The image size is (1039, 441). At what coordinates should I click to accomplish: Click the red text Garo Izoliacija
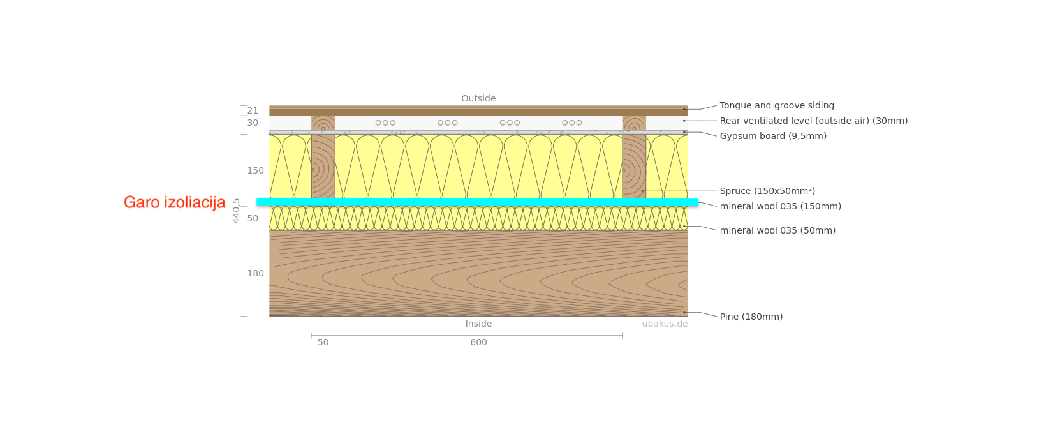pyautogui.click(x=174, y=203)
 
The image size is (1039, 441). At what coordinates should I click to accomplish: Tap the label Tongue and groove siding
pyautogui.click(x=776, y=105)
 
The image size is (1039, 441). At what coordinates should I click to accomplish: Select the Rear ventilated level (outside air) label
pyautogui.click(x=813, y=121)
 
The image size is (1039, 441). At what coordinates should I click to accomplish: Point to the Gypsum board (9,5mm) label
pyautogui.click(x=773, y=136)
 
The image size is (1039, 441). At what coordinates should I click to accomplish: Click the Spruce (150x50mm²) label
pyautogui.click(x=767, y=191)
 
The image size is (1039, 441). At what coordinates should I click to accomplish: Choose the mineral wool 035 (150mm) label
pyautogui.click(x=780, y=206)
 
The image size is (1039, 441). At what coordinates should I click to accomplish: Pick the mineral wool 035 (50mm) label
pyautogui.click(x=777, y=230)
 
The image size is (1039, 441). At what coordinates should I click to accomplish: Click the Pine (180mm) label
pyautogui.click(x=751, y=317)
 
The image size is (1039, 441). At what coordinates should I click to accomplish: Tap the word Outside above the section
pyautogui.click(x=478, y=98)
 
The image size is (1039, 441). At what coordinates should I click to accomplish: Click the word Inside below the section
pyautogui.click(x=478, y=324)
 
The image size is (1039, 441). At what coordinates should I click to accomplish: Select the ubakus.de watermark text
pyautogui.click(x=665, y=324)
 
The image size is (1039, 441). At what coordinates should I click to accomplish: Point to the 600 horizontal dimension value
pyautogui.click(x=478, y=342)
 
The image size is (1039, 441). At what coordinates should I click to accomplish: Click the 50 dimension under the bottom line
pyautogui.click(x=323, y=342)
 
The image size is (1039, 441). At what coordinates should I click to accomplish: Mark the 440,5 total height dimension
pyautogui.click(x=236, y=211)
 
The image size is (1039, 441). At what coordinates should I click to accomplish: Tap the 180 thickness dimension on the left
pyautogui.click(x=255, y=273)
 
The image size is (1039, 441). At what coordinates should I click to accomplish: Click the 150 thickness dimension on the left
pyautogui.click(x=255, y=170)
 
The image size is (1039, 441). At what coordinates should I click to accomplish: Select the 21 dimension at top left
pyautogui.click(x=253, y=110)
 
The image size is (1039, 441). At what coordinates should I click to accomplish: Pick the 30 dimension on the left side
pyautogui.click(x=253, y=123)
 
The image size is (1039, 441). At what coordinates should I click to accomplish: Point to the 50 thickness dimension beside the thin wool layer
pyautogui.click(x=253, y=218)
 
